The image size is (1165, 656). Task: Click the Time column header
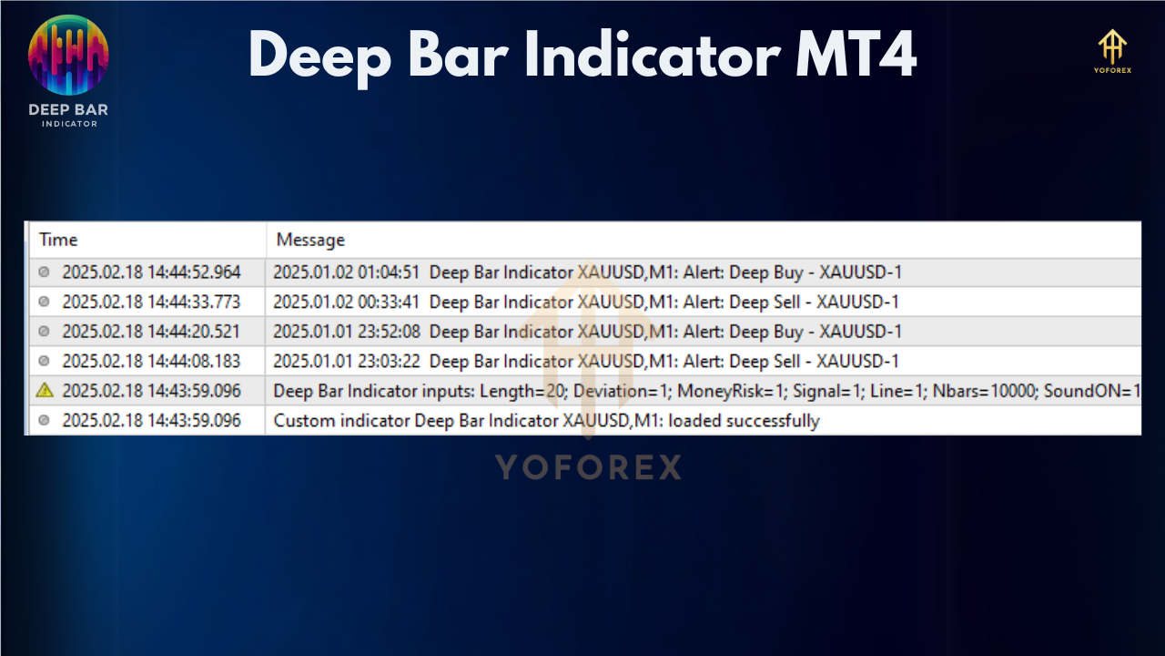coord(58,240)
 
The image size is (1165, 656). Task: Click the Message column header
coord(310,240)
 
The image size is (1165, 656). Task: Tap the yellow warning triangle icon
coord(45,390)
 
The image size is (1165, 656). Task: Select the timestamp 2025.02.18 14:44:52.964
coord(151,272)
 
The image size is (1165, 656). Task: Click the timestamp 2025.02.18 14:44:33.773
coord(151,302)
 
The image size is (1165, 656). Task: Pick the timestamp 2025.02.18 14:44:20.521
coord(151,332)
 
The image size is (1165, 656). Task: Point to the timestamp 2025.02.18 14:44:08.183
coord(151,362)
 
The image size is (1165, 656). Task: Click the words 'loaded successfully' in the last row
coord(744,421)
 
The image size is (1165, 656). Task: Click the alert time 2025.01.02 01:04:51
coord(347,272)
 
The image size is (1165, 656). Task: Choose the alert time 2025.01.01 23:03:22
coord(347,362)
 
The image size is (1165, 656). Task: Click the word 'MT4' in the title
coord(856,55)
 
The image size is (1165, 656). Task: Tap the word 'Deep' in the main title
coord(319,57)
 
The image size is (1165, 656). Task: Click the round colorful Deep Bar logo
coord(68,55)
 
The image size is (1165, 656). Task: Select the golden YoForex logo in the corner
coord(1112,51)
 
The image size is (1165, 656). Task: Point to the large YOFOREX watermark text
coord(588,467)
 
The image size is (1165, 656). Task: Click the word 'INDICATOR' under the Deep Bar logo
coord(69,124)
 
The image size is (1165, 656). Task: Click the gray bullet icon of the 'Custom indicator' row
coord(45,420)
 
